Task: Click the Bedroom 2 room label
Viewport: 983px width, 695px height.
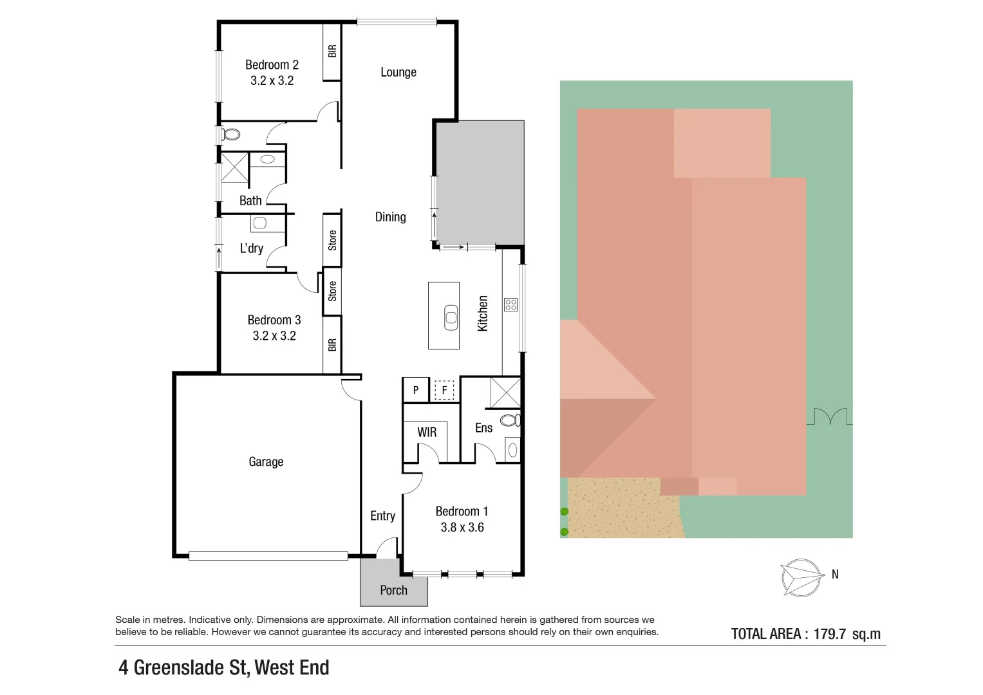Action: point(272,65)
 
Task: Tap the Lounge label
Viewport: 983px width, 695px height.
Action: point(398,72)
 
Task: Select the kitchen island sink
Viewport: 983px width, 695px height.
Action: point(451,317)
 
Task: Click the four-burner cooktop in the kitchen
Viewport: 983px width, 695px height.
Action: point(510,304)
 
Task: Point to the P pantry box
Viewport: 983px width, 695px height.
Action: point(416,390)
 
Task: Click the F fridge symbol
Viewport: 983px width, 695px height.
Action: point(444,390)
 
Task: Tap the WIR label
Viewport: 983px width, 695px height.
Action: point(427,432)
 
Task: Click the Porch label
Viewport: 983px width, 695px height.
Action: point(393,590)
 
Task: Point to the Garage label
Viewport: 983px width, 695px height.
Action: point(266,461)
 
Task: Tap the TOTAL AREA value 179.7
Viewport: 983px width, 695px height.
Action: point(829,634)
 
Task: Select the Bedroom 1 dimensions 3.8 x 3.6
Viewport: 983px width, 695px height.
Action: point(462,528)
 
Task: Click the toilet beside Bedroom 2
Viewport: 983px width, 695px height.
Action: point(230,134)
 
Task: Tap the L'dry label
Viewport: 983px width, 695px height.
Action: point(251,248)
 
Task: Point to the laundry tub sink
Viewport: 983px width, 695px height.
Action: point(259,223)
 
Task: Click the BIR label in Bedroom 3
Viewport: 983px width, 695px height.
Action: point(332,345)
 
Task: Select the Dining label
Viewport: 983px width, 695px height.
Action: point(390,217)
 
